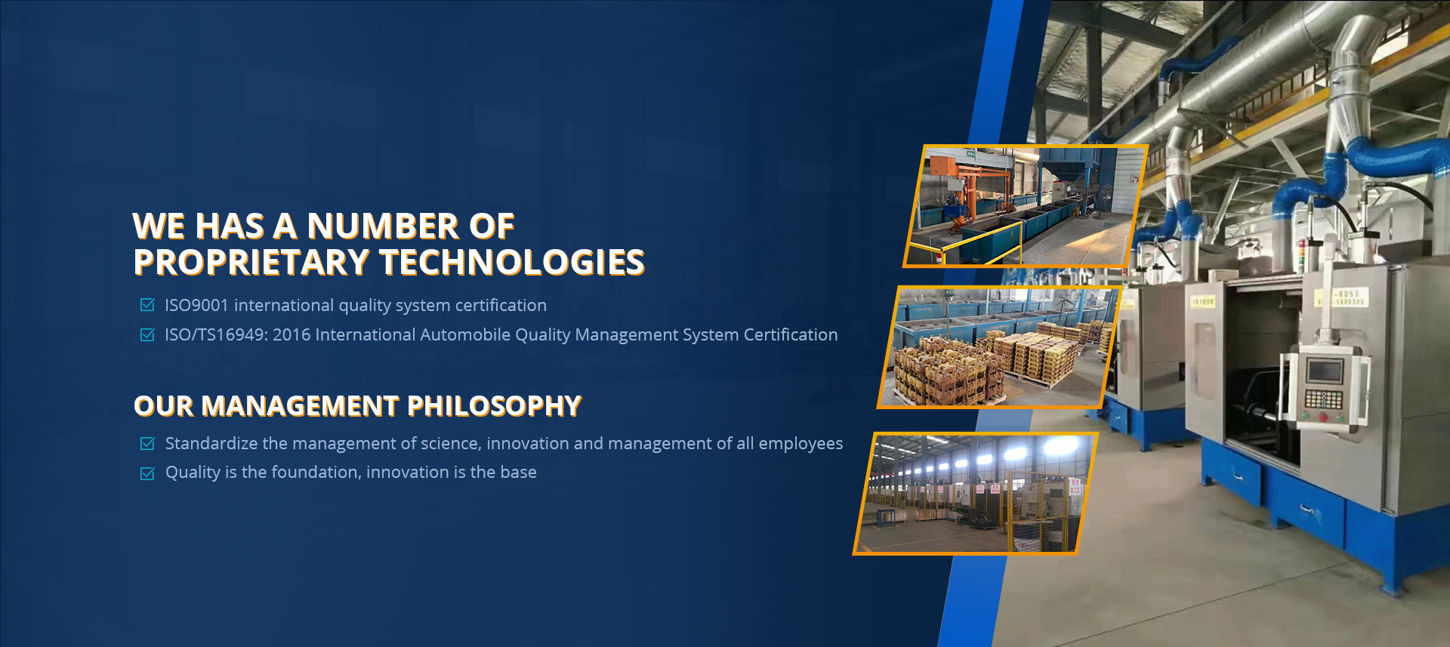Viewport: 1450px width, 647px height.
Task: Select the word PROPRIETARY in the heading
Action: [251, 262]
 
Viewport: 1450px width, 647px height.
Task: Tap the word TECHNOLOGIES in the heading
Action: [512, 262]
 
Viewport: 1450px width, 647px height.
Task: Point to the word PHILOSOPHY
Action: [495, 406]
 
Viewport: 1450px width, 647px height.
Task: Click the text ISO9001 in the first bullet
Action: [196, 305]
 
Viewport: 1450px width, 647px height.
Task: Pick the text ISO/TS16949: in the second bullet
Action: [215, 334]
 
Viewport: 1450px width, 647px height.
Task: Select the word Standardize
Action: [211, 443]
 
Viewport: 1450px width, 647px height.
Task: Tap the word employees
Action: [801, 444]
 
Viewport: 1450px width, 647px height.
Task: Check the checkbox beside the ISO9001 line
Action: [147, 305]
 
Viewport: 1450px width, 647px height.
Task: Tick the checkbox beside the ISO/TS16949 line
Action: [147, 334]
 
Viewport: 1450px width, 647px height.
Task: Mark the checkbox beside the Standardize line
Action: [147, 444]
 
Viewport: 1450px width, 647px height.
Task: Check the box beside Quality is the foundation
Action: [147, 473]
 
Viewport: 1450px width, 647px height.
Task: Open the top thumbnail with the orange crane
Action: [1026, 206]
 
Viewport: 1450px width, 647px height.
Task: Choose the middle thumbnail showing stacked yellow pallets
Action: [999, 347]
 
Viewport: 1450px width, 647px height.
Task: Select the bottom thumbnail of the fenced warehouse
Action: [975, 494]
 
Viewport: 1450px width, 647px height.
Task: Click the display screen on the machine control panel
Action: [1325, 371]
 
